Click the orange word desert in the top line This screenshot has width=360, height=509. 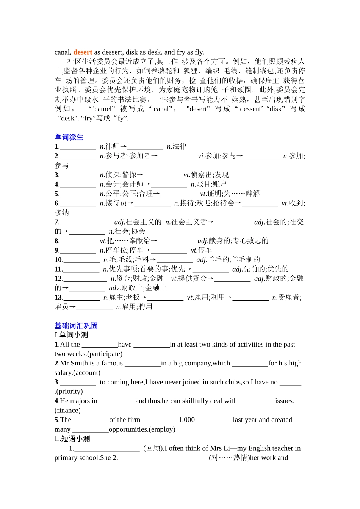[x=83, y=52]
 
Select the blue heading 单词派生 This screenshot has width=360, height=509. [x=69, y=137]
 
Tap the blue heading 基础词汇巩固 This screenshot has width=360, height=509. [x=76, y=326]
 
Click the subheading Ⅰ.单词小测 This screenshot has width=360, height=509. [x=71, y=335]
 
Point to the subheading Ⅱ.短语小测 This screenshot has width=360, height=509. [x=72, y=439]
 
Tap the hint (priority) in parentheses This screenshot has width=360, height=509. [x=69, y=392]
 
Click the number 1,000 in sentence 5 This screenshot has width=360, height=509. [x=186, y=420]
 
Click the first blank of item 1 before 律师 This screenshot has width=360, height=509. [x=78, y=147]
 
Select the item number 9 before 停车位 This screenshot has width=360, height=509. [x=56, y=250]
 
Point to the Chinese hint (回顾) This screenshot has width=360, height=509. [x=153, y=448]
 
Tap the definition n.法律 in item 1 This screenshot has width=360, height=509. [x=177, y=147]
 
